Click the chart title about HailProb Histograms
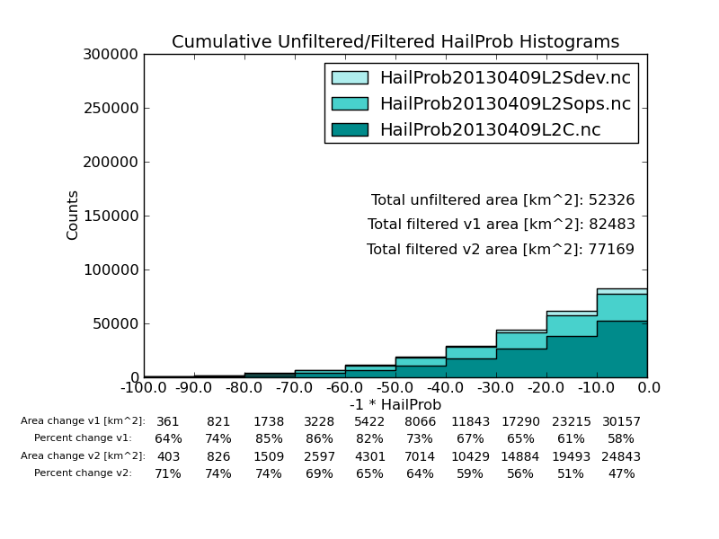click(395, 42)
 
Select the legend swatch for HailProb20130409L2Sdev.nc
click(350, 78)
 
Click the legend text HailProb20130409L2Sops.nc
click(505, 104)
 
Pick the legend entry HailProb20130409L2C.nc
click(490, 130)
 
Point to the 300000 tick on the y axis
click(112, 55)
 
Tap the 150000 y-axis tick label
click(112, 216)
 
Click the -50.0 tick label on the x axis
click(395, 388)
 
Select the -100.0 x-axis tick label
click(144, 388)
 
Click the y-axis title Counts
click(73, 215)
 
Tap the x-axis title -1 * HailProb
click(395, 405)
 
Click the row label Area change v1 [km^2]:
click(83, 421)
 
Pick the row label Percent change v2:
click(83, 473)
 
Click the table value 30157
click(621, 421)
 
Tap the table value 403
click(168, 456)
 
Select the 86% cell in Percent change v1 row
click(319, 439)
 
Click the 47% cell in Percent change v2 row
click(621, 473)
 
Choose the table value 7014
click(420, 456)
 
